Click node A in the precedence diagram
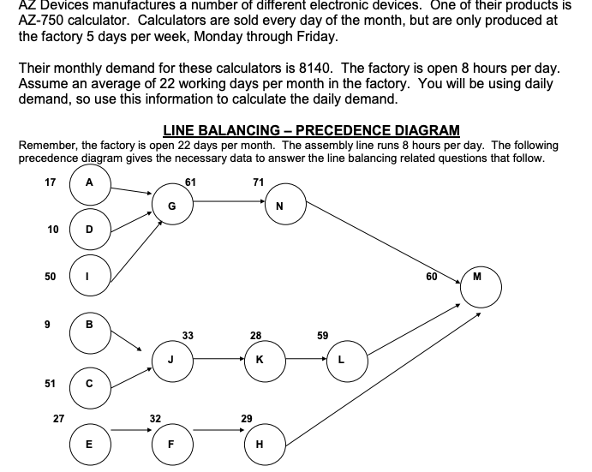point(90,182)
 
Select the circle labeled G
point(172,206)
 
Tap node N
point(280,206)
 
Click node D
point(90,229)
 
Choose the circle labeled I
point(90,277)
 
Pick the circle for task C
point(90,384)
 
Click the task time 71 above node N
point(258,182)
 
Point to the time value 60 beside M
point(432,277)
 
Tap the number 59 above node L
point(322,336)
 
